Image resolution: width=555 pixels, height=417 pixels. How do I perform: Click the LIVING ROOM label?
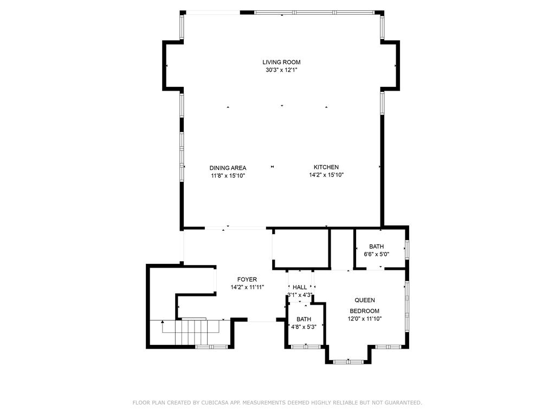point(281,62)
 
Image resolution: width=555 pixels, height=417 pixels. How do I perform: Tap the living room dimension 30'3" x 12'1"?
point(281,70)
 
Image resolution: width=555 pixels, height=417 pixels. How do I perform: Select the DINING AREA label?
point(228,168)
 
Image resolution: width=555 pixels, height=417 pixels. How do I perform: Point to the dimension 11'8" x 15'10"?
point(228,175)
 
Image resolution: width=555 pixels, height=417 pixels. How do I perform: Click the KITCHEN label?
point(326,167)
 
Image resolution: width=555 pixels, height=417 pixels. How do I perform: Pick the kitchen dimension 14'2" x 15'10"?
point(326,175)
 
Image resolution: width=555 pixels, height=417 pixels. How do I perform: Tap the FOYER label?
point(247,280)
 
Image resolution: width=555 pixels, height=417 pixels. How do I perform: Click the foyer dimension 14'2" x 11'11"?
point(247,287)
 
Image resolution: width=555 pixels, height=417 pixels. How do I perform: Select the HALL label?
point(300,287)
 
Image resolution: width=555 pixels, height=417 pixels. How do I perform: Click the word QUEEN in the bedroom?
point(365,300)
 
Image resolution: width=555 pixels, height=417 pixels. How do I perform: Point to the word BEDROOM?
point(365,311)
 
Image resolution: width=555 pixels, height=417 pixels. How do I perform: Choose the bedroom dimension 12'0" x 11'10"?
point(365,319)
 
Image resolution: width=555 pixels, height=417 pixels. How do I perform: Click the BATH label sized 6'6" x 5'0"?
point(376,247)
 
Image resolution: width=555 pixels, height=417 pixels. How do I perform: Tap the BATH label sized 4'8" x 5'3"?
point(304,319)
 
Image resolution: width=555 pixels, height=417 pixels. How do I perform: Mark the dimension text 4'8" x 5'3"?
point(304,327)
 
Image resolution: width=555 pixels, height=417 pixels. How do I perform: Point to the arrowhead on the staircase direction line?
point(162,321)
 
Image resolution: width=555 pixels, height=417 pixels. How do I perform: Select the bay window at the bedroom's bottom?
point(349,362)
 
